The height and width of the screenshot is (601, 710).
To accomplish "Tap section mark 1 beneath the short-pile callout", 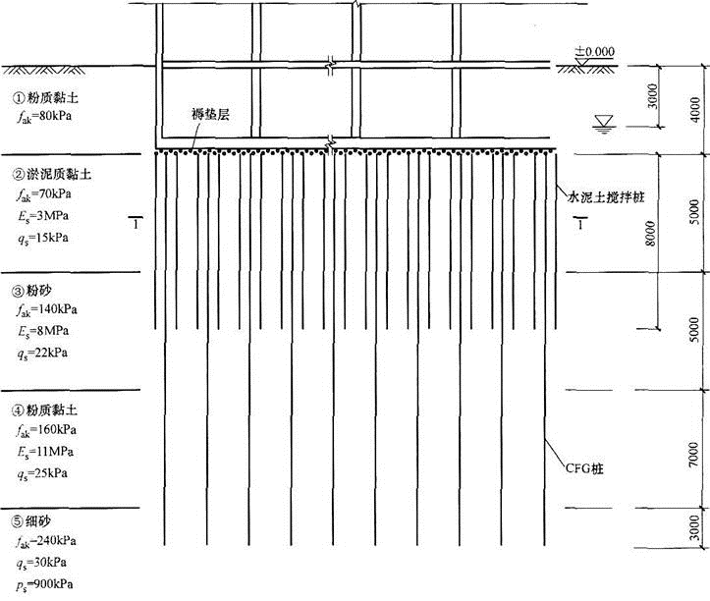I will (581, 226).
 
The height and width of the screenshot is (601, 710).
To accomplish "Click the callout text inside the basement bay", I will (215, 116).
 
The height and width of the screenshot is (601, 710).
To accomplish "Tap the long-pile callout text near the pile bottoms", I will (584, 468).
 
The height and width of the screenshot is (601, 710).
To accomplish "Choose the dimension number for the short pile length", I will (648, 236).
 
